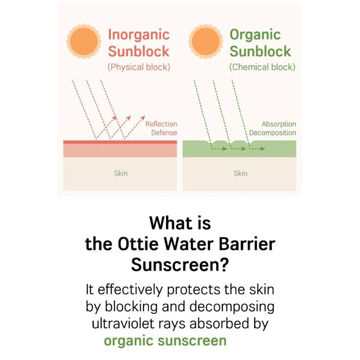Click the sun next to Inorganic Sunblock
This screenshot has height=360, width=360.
[84, 41]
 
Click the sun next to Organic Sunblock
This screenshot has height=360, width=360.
[205, 41]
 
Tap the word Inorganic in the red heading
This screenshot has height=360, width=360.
[139, 35]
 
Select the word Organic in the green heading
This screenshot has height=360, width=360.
[255, 35]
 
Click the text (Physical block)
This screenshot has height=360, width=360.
[139, 67]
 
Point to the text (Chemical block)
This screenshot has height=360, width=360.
[262, 67]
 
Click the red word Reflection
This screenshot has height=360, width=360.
[161, 124]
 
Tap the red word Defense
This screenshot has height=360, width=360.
[164, 132]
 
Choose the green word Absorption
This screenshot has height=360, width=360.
[279, 124]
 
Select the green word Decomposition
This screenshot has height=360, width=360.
[273, 133]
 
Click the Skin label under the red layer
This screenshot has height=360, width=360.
[121, 173]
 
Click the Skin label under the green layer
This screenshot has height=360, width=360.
[240, 173]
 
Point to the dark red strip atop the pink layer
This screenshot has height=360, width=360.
[120, 142]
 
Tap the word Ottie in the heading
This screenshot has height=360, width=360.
[138, 244]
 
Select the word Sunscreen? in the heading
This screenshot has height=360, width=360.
[180, 264]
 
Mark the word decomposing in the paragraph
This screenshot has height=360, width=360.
[232, 307]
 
